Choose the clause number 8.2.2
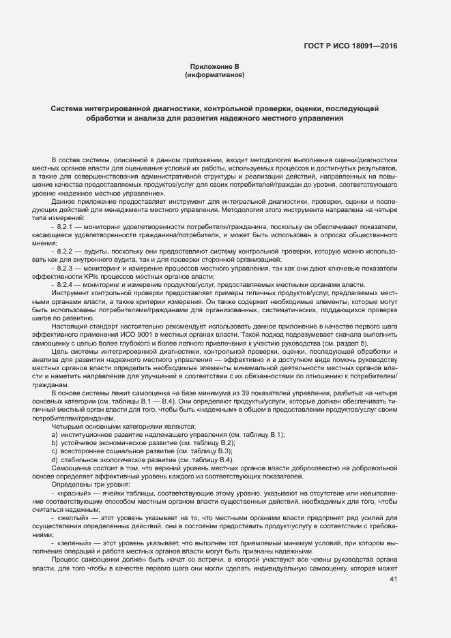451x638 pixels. [68, 252]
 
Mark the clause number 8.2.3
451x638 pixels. [68, 269]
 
